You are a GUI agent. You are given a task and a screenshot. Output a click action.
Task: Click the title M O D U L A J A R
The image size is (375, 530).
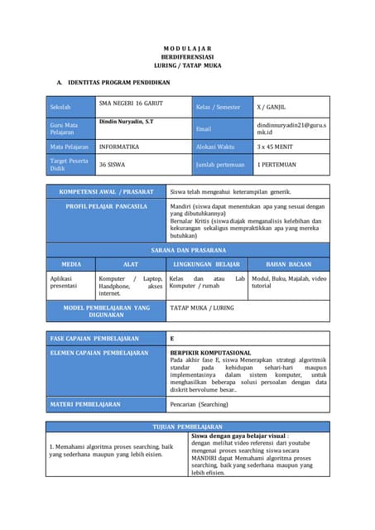[x=187, y=48]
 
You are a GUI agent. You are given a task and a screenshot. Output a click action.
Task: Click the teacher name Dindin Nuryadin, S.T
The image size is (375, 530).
[x=126, y=122]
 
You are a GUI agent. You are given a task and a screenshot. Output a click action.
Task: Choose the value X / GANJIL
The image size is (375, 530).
[x=274, y=107]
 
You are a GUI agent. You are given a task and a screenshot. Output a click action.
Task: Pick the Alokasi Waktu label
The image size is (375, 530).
[x=216, y=146]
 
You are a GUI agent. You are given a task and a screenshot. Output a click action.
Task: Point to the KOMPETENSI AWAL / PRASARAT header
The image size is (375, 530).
[x=106, y=191]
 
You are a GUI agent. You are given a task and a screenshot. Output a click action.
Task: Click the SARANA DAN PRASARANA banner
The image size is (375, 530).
[x=188, y=249]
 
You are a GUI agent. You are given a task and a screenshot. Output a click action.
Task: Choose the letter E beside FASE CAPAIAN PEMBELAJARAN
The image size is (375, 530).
[x=172, y=339]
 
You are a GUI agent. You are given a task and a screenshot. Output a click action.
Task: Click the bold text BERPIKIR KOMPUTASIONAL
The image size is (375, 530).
[x=210, y=353]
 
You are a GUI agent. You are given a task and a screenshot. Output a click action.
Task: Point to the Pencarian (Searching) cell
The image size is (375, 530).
[x=200, y=404]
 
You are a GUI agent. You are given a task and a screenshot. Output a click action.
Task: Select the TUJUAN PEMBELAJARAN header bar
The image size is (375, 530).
[x=187, y=426]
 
